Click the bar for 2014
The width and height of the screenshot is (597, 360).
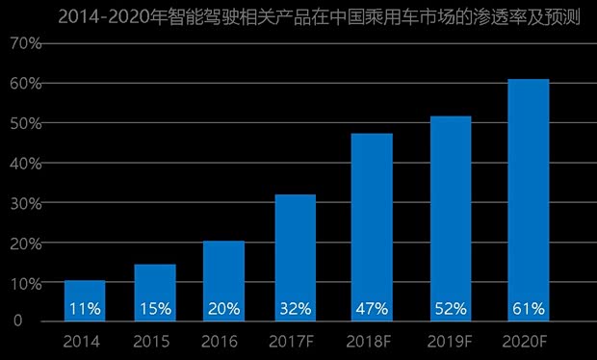pos(85,294)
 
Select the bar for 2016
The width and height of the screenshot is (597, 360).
pos(223,274)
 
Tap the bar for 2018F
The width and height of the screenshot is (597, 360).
pos(372,221)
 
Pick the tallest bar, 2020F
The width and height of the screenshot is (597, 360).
pos(528,193)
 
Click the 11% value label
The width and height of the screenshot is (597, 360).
pos(85,309)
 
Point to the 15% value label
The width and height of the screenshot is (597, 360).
pos(154,309)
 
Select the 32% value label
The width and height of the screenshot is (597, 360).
pos(295,309)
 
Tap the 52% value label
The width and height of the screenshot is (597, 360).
pos(451,309)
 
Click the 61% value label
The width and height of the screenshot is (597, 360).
pos(528,309)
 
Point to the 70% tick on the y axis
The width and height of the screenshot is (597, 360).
pos(26,44)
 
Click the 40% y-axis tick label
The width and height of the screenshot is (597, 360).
pos(26,164)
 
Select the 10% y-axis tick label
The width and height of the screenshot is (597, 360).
pos(26,283)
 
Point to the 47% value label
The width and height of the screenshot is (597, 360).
pos(372,309)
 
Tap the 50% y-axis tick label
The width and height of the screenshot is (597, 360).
pos(26,124)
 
